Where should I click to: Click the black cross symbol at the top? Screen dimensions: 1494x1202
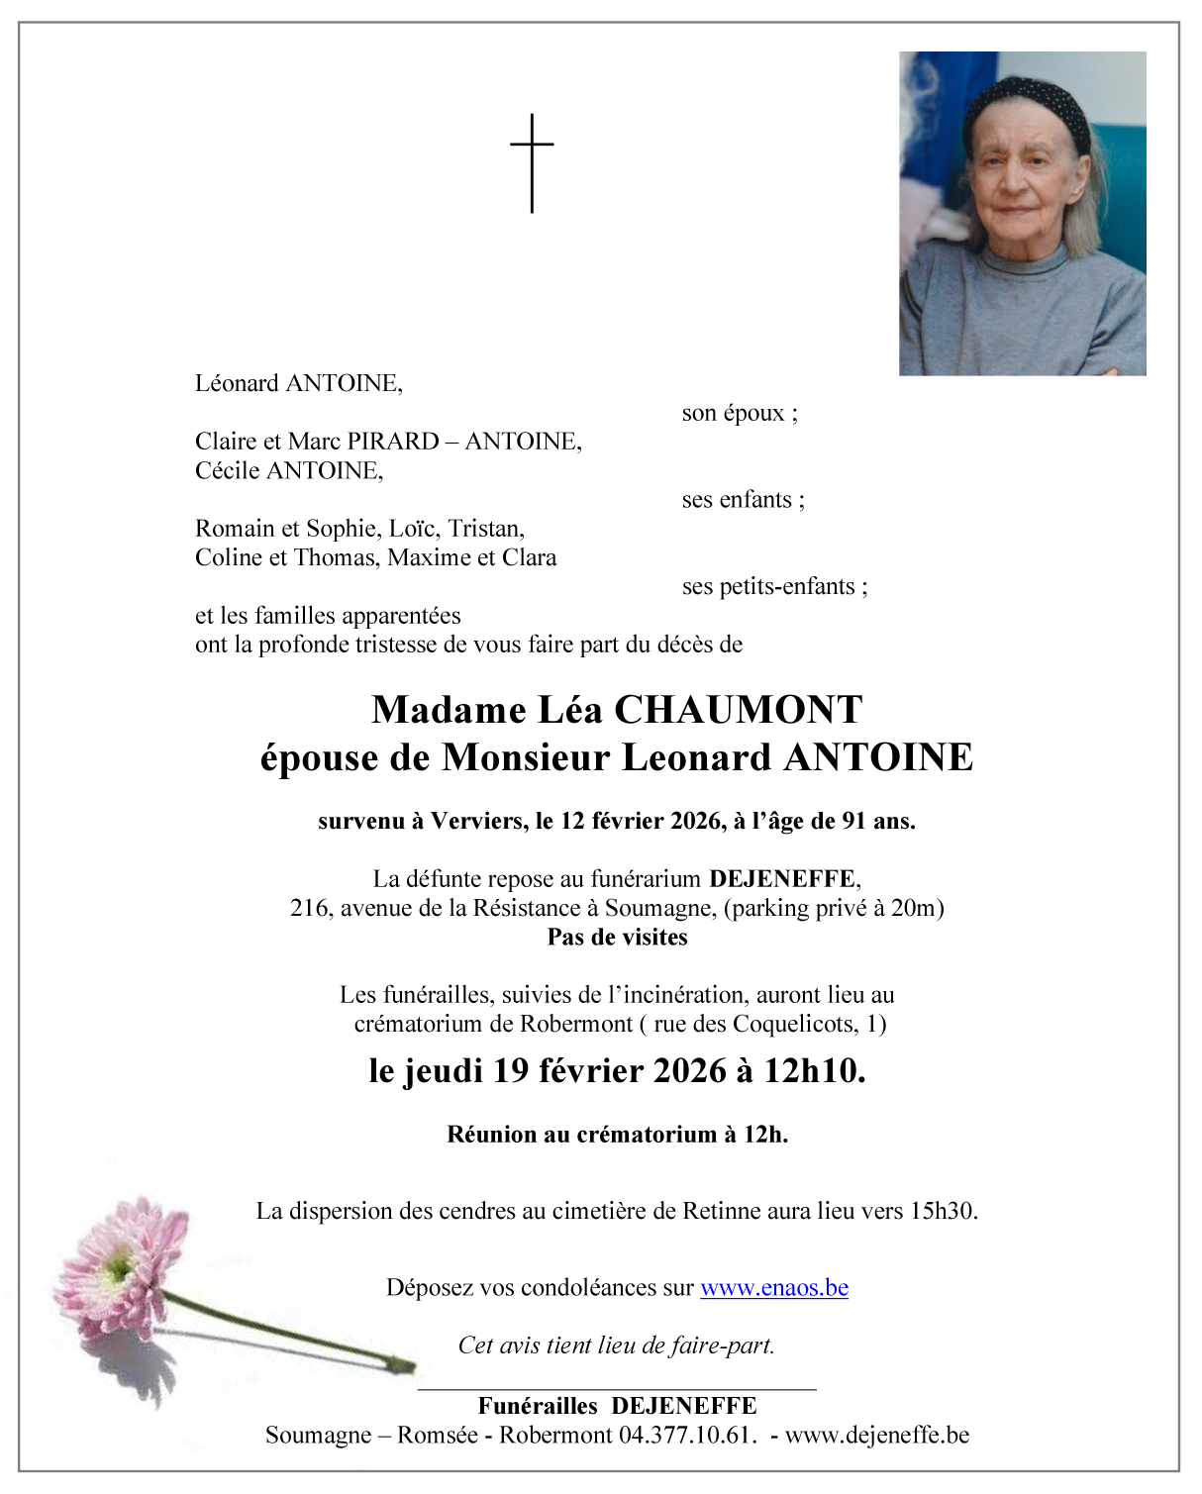click(532, 162)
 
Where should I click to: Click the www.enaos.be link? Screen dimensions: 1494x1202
click(773, 1288)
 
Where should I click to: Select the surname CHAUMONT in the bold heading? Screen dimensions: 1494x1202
click(738, 711)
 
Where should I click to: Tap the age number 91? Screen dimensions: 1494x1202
click(854, 821)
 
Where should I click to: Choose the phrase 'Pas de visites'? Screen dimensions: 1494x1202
click(617, 938)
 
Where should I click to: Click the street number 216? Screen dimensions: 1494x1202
click(309, 908)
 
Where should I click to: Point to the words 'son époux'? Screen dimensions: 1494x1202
click(739, 413)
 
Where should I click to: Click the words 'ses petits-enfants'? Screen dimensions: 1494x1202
click(773, 587)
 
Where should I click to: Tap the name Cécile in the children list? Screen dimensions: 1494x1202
click(228, 470)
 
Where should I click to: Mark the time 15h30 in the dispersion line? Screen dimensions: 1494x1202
click(942, 1211)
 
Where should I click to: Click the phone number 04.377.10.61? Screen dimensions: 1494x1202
click(687, 1436)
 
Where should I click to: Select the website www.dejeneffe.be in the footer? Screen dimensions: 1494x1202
click(876, 1436)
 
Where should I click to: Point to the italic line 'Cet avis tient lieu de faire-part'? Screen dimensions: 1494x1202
click(616, 1345)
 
